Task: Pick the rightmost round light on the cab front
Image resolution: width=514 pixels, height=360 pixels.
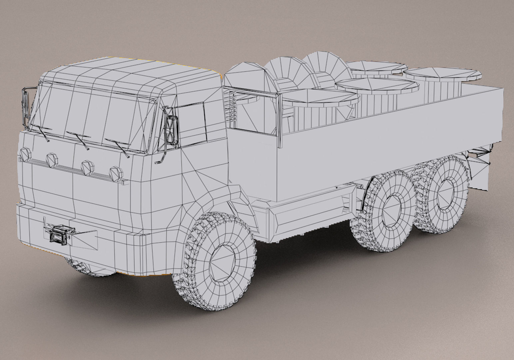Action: pyautogui.click(x=116, y=173)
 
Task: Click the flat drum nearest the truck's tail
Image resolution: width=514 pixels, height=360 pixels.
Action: pyautogui.click(x=443, y=74)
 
